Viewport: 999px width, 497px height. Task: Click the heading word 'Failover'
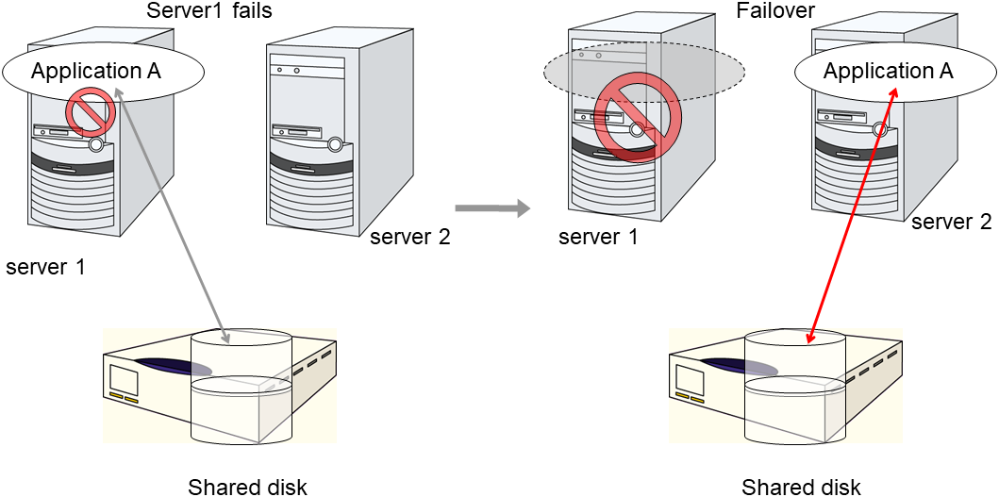tap(775, 10)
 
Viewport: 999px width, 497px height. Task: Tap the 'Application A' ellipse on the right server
tap(889, 71)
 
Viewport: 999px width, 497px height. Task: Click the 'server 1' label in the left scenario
tap(45, 267)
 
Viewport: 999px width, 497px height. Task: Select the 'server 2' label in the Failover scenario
tap(951, 223)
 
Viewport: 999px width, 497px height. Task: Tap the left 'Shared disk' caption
tap(247, 487)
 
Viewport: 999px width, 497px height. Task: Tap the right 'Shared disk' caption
tap(801, 487)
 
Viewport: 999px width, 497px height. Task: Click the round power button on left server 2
tap(336, 144)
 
